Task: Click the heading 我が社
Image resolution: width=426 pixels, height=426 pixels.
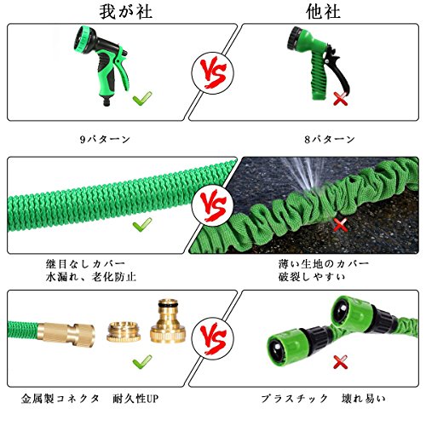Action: [x=126, y=12]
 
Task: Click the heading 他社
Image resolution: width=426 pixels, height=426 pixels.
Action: [x=323, y=12]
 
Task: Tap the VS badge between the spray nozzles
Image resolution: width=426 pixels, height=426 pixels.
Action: [x=213, y=72]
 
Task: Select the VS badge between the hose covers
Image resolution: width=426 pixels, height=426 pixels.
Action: [x=213, y=205]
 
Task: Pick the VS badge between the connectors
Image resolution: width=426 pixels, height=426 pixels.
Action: [x=213, y=339]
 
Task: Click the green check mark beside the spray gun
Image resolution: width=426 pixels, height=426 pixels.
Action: [x=142, y=99]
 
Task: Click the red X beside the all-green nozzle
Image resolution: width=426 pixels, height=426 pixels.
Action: [x=340, y=99]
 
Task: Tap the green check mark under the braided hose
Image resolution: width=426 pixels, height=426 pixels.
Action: [x=142, y=225]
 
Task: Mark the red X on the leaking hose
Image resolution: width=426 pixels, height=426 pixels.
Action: [x=340, y=225]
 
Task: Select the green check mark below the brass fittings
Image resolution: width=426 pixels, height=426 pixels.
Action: [x=142, y=361]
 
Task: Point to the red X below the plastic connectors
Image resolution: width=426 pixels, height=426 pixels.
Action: [x=340, y=362]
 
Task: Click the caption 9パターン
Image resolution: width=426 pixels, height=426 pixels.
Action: [x=105, y=139]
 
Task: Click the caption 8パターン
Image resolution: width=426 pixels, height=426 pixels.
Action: [x=330, y=139]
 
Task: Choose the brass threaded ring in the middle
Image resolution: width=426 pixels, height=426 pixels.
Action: [x=124, y=331]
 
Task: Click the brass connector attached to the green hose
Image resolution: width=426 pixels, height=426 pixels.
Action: [x=66, y=333]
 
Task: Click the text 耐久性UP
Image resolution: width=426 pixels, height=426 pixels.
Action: [x=135, y=399]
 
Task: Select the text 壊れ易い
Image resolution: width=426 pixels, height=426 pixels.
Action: [x=364, y=399]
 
